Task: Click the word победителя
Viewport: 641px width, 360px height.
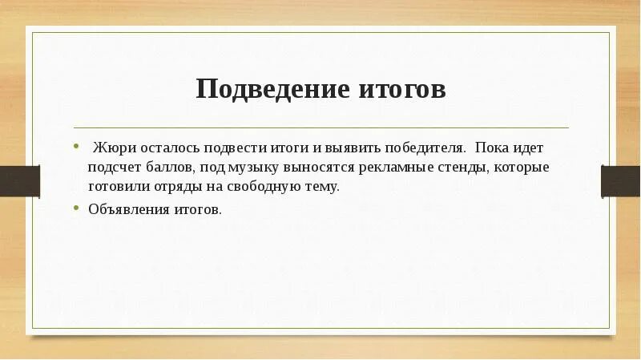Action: (x=422, y=149)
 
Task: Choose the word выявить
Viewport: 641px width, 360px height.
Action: (x=345, y=149)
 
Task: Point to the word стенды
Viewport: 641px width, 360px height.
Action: (x=471, y=168)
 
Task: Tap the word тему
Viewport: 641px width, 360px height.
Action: (x=321, y=186)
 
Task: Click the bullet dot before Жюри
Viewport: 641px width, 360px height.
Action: (x=76, y=148)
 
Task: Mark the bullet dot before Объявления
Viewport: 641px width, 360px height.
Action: (x=76, y=208)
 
